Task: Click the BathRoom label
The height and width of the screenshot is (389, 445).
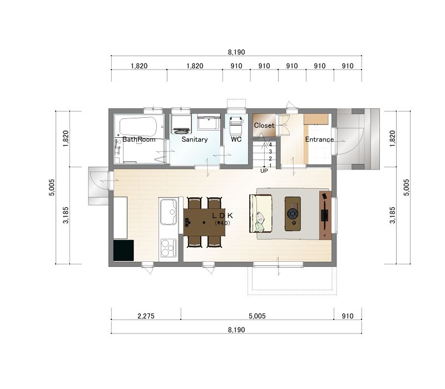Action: tap(139, 139)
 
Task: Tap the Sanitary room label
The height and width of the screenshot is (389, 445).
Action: tap(195, 139)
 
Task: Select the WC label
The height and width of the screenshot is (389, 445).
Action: tap(236, 139)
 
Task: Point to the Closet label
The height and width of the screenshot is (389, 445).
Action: tap(264, 126)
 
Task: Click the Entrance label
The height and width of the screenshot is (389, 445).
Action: tap(319, 139)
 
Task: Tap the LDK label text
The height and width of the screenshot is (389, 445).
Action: tap(222, 216)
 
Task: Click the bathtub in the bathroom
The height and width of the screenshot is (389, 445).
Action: tap(138, 127)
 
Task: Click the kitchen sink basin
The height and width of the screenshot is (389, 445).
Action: tap(169, 212)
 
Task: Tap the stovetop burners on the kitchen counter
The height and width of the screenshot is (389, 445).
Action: tap(169, 248)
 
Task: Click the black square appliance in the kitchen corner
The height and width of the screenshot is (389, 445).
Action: tap(123, 251)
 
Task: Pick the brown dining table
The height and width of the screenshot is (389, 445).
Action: tap(204, 222)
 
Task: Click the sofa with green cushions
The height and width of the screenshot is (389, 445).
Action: tap(260, 213)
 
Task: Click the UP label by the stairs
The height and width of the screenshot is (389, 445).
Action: tap(264, 171)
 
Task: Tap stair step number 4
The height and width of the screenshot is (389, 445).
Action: tap(270, 144)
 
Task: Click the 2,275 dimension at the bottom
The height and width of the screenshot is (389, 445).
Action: tap(146, 316)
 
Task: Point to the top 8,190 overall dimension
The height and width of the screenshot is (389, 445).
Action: tap(236, 52)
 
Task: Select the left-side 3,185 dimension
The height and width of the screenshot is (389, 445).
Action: tap(66, 215)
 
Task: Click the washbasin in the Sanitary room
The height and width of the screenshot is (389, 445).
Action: tap(209, 122)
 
